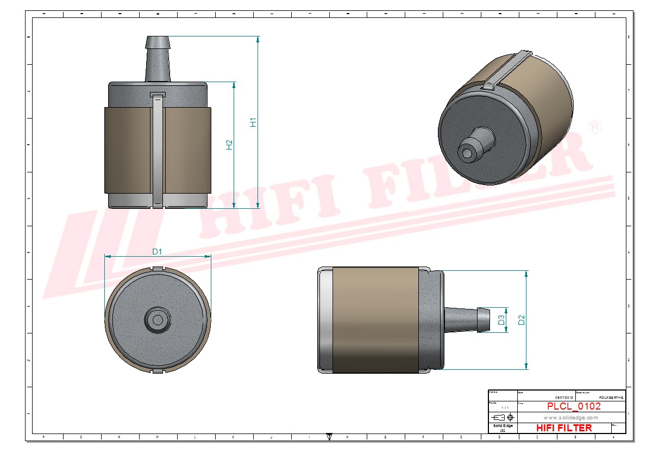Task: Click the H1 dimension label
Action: [x=253, y=123]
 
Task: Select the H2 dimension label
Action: [x=229, y=145]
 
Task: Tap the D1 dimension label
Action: [x=158, y=251]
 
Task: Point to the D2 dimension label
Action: [x=522, y=320]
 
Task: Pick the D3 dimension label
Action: [x=501, y=320]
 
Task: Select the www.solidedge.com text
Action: [x=570, y=417]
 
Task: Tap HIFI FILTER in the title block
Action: [x=563, y=428]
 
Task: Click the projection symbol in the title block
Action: [x=503, y=417]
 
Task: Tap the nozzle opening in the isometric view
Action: [x=467, y=153]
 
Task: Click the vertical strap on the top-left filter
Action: [x=157, y=150]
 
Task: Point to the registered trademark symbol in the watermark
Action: [x=595, y=128]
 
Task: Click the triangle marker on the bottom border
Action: [x=329, y=436]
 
